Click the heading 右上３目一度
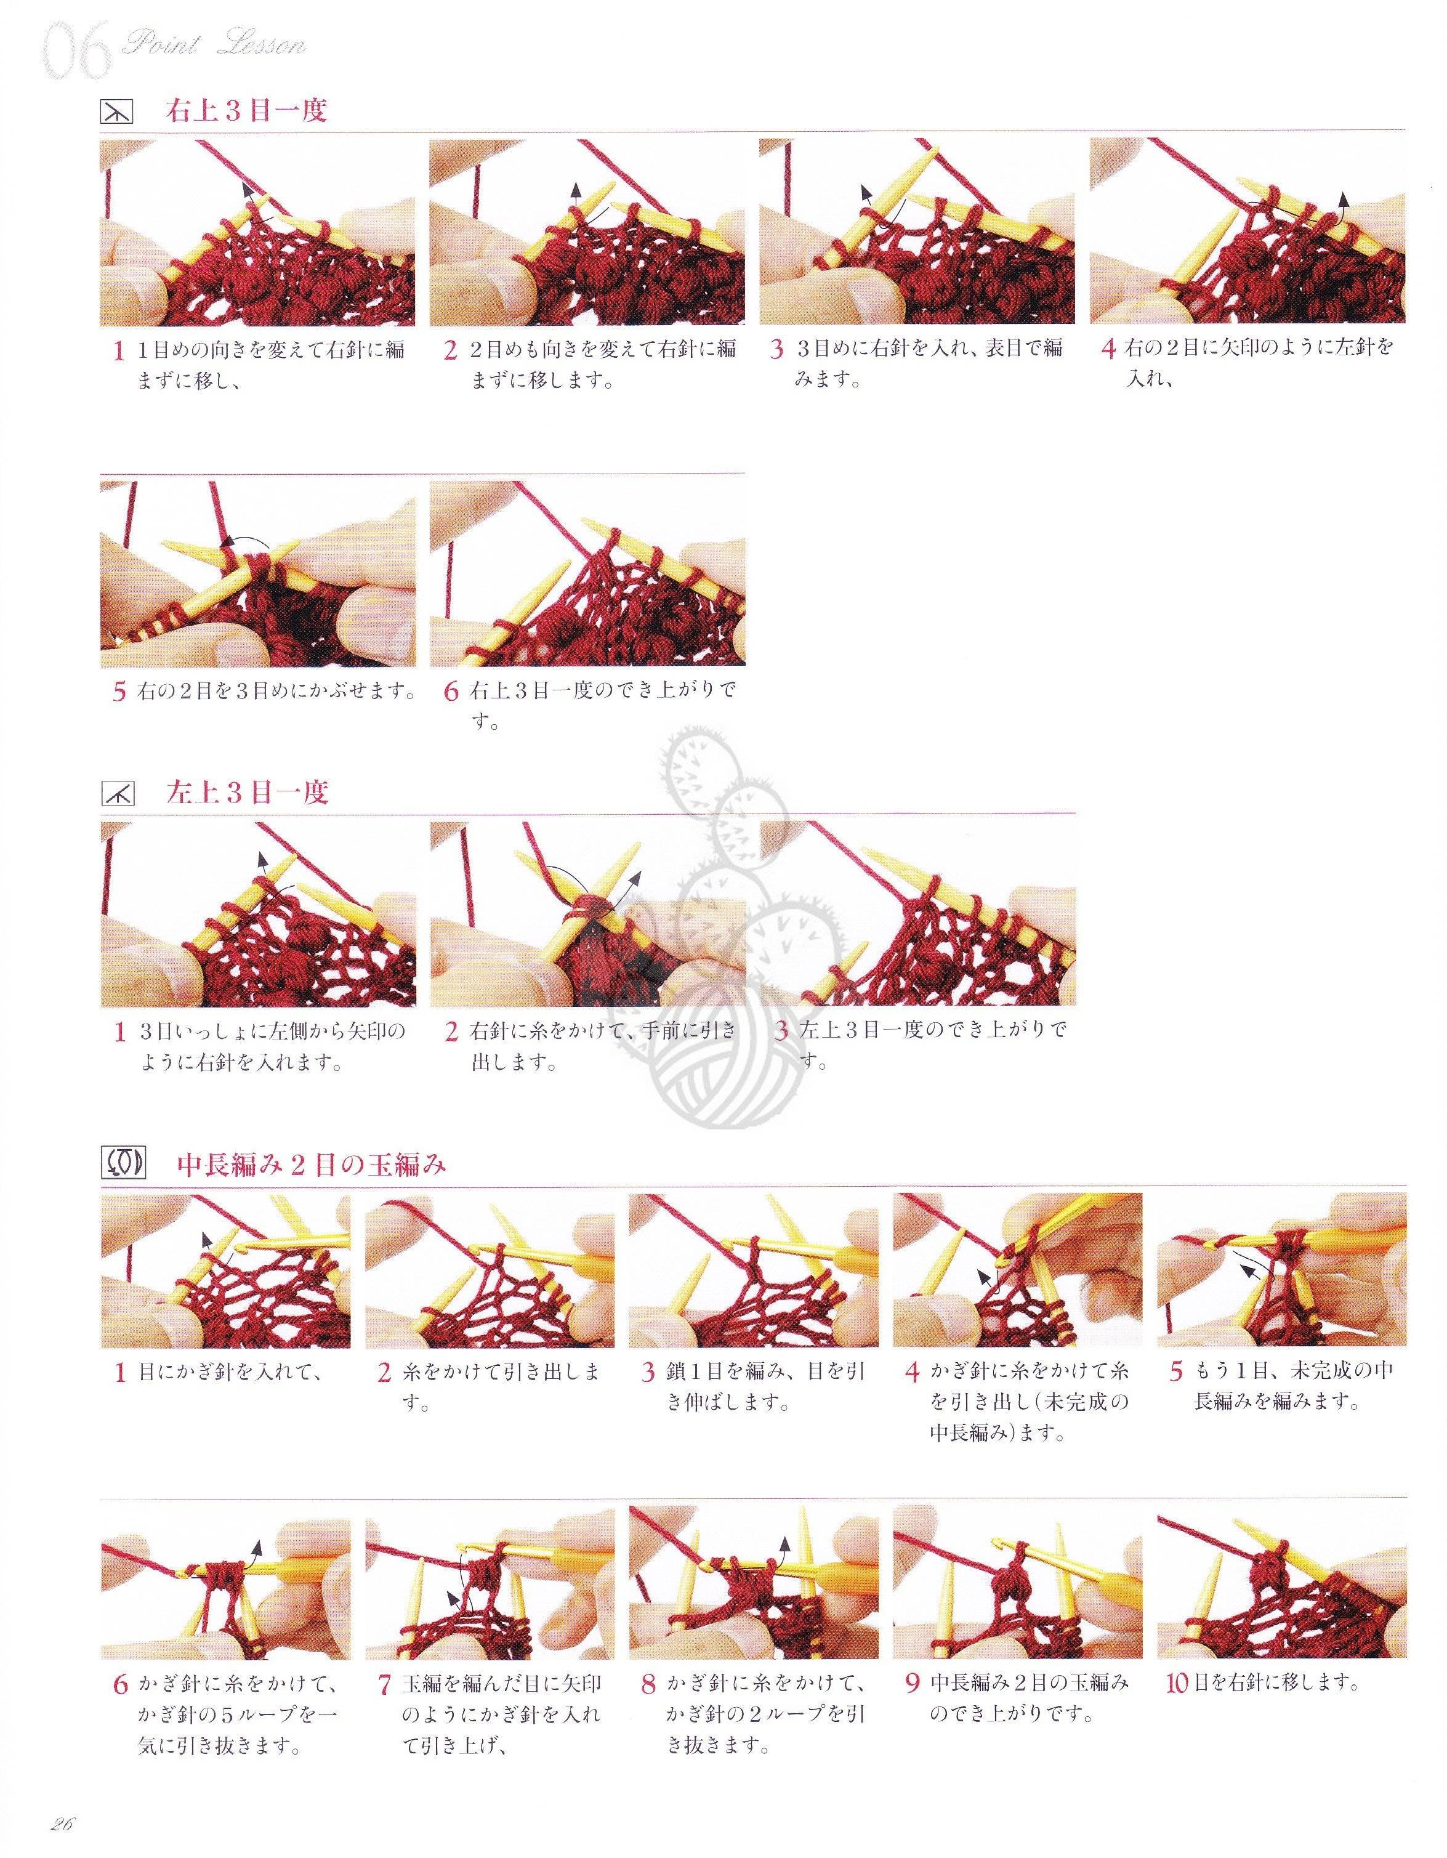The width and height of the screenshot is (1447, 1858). (x=247, y=111)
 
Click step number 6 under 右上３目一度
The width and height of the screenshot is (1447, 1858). (x=452, y=690)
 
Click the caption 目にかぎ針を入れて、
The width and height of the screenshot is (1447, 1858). (x=230, y=1371)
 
